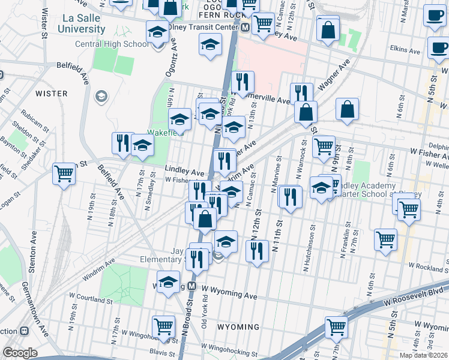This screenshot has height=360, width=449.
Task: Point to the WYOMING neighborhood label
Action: (x=238, y=327)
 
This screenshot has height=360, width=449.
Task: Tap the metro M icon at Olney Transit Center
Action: (x=245, y=28)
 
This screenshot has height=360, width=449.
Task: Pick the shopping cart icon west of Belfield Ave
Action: (x=64, y=173)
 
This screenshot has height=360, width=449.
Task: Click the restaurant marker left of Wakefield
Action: (x=122, y=143)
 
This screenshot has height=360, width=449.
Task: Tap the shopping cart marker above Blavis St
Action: (x=163, y=326)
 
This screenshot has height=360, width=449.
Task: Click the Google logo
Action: (x=20, y=353)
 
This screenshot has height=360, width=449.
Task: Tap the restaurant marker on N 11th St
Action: (x=290, y=196)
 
